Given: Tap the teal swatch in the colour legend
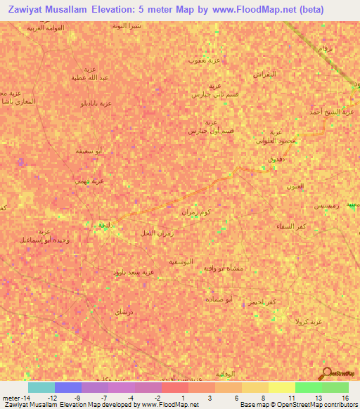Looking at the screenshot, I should tap(41, 387).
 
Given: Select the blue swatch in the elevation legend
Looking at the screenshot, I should tap(68, 387).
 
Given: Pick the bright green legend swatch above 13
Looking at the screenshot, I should tap(308, 387).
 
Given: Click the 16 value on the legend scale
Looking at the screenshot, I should tap(345, 398).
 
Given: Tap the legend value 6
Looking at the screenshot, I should tap(238, 398).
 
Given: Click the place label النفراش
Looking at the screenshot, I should tap(264, 74).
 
